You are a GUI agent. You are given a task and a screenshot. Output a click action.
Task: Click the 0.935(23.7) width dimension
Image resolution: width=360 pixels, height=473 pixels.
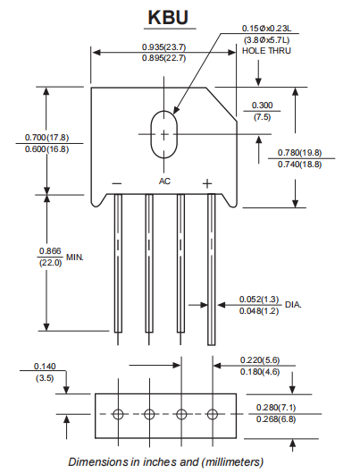click(x=164, y=46)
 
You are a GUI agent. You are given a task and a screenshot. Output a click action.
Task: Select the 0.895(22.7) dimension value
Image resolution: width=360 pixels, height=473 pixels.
click(x=164, y=58)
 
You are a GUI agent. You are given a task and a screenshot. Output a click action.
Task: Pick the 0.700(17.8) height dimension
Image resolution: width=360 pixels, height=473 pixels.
click(x=46, y=138)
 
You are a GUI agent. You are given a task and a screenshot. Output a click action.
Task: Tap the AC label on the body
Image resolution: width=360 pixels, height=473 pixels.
click(x=164, y=182)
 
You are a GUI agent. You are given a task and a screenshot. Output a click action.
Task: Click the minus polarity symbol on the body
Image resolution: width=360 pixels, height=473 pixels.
click(x=117, y=183)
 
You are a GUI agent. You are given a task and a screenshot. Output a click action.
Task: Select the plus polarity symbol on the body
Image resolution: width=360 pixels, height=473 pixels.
click(x=207, y=183)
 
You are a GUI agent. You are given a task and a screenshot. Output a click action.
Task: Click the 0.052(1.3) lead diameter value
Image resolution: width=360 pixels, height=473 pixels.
click(x=259, y=299)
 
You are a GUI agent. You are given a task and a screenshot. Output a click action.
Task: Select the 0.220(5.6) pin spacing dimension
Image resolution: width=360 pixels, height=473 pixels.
click(x=261, y=359)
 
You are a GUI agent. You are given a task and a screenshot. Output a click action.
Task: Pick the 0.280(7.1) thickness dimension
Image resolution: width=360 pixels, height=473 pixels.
click(x=277, y=408)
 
